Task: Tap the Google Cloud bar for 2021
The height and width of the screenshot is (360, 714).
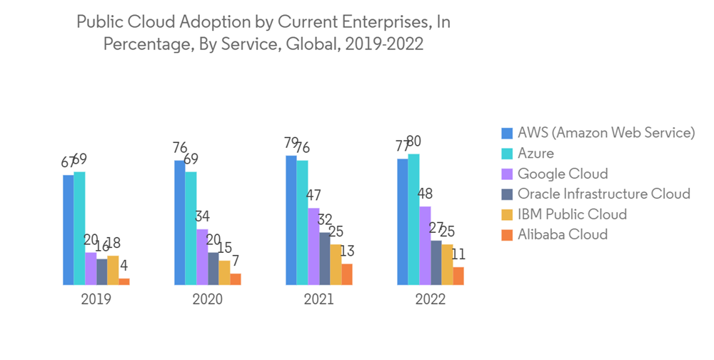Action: [x=313, y=246]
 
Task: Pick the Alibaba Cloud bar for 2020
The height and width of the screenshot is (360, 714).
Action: [x=236, y=279]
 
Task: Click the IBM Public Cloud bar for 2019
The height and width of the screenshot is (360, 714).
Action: [x=113, y=270]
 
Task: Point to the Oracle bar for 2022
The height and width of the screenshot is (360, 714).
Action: [x=436, y=263]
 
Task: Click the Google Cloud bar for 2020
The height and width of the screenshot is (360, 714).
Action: [x=202, y=257]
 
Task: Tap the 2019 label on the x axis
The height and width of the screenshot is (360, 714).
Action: [x=96, y=299]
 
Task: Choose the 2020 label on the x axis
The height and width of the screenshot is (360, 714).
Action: [x=207, y=299]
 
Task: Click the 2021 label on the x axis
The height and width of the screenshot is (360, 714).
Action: [x=318, y=299]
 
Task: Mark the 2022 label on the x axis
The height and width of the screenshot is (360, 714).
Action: [x=430, y=299]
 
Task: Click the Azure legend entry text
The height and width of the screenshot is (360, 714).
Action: [x=535, y=153]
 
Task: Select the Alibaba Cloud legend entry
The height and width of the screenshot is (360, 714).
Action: [x=563, y=234]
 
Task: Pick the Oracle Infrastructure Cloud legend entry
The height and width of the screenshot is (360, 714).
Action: [x=603, y=194]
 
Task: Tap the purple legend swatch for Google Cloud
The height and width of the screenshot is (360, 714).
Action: [x=507, y=174]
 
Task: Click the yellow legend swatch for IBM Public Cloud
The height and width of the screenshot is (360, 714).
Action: [x=507, y=214]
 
